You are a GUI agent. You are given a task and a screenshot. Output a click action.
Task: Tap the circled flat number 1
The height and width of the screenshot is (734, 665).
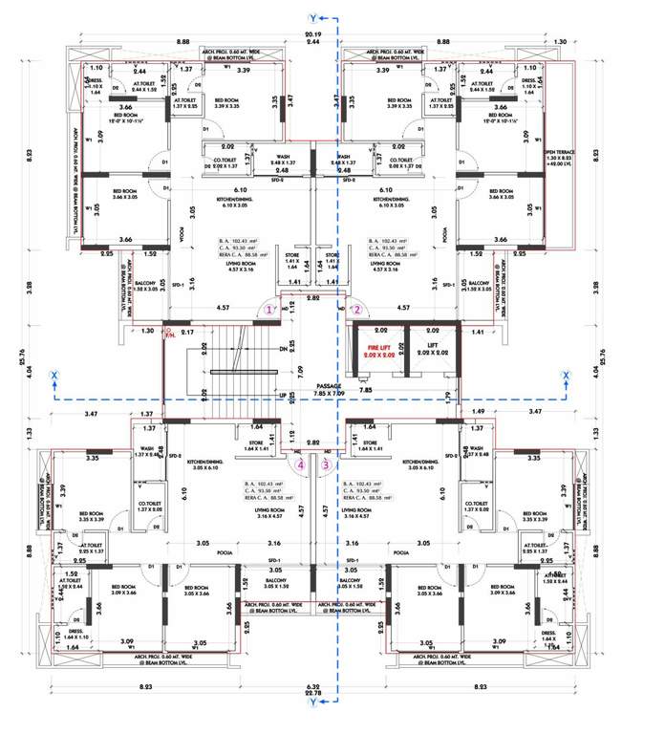tap(270, 311)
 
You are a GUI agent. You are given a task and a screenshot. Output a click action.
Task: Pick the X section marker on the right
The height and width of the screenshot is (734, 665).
tap(567, 375)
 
